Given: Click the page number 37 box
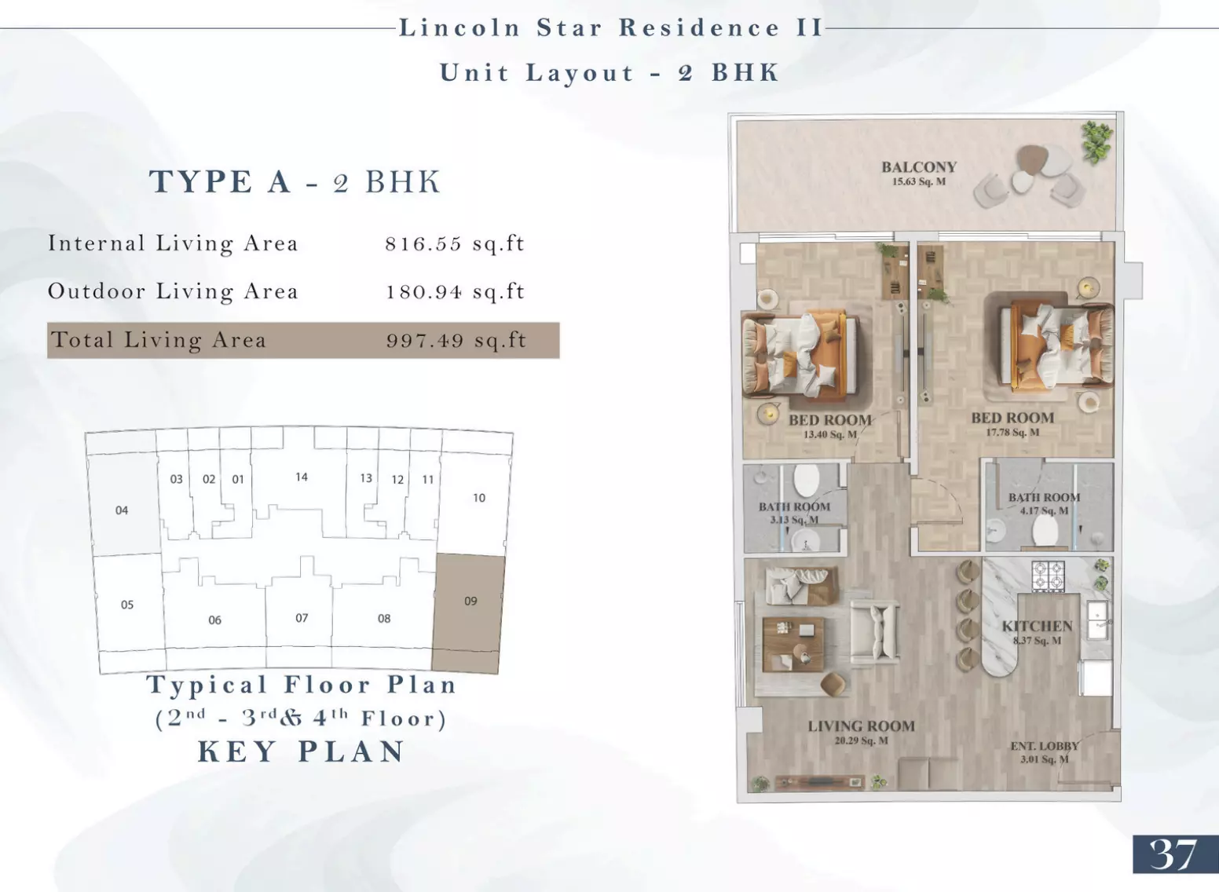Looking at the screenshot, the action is point(1176,854).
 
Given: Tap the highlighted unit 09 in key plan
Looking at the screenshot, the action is point(468,613).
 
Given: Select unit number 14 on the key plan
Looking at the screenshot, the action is point(302,477).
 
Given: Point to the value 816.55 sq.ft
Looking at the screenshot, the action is point(455,243).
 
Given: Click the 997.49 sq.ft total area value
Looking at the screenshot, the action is point(456,341).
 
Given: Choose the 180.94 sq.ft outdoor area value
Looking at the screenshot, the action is point(455,292).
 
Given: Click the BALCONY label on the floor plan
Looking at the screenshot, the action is point(919,167).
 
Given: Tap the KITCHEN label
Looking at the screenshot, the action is point(1038,626).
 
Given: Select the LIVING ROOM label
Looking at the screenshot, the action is point(861,726).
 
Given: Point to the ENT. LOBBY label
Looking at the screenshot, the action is point(1045,746).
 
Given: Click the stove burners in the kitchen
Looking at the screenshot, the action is point(1048,576).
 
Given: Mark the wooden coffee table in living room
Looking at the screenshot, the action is point(793,645).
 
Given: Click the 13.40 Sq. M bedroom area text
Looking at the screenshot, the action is point(830,434).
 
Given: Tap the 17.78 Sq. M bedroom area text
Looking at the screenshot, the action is point(1012,433).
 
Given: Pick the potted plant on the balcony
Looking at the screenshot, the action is point(1096,141).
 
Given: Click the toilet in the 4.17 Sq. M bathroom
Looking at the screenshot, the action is point(1045,530).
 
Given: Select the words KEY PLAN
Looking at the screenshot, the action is point(301,751).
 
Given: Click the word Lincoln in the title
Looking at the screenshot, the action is point(459,28).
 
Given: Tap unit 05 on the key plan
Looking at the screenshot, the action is point(126,605).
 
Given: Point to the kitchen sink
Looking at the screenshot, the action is point(1097,620).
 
